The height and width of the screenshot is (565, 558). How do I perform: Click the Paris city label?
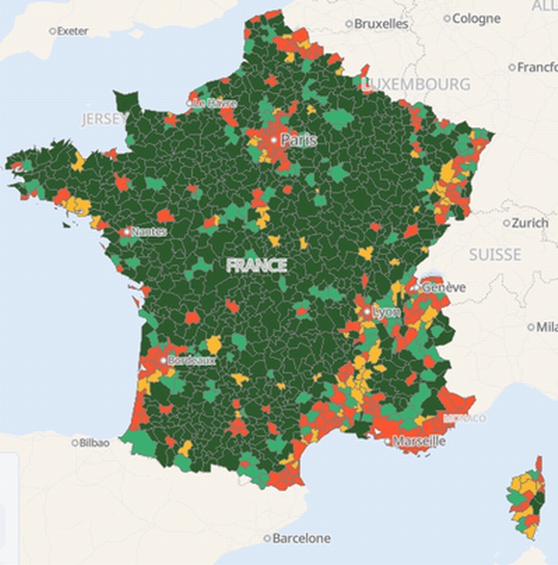[x=298, y=141]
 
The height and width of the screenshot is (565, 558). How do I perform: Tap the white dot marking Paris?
[x=274, y=141]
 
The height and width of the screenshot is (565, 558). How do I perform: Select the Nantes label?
[x=149, y=232]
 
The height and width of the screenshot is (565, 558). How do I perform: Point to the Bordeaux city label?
[x=191, y=360]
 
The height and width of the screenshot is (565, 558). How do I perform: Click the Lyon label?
[x=386, y=313]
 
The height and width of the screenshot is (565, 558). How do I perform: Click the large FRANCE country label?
[x=257, y=265]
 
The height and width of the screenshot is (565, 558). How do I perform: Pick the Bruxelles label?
[x=381, y=23]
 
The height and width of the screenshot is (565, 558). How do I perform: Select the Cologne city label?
[x=476, y=18]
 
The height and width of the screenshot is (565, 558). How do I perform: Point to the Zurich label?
[x=529, y=222]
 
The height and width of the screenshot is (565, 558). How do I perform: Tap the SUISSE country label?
[x=495, y=255]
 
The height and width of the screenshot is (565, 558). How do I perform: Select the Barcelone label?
[x=301, y=538]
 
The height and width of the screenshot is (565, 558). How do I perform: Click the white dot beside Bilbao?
[x=75, y=443]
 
